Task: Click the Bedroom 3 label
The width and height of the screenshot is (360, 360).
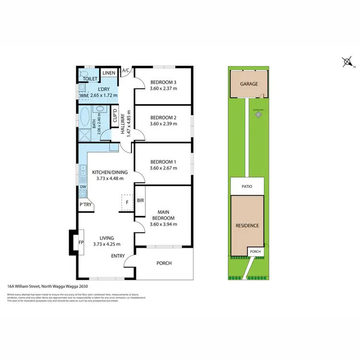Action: [x=163, y=81]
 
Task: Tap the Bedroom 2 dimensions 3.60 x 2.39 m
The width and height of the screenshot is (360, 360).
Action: [x=163, y=124]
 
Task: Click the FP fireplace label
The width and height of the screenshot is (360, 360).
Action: [x=81, y=242]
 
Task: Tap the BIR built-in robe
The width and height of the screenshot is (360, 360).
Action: [x=141, y=201]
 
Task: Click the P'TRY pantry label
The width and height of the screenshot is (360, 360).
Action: [x=86, y=205]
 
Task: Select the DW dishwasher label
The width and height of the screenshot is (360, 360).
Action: [x=83, y=187]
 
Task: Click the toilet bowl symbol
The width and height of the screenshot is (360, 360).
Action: [x=82, y=74]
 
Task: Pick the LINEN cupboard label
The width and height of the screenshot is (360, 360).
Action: [x=108, y=73]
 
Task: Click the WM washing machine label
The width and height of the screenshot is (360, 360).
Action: [x=84, y=96]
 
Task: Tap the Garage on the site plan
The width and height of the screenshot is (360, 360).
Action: [x=249, y=84]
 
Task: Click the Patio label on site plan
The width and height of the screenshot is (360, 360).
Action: [x=247, y=186]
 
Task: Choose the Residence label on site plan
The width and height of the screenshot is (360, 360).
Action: [x=247, y=225]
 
